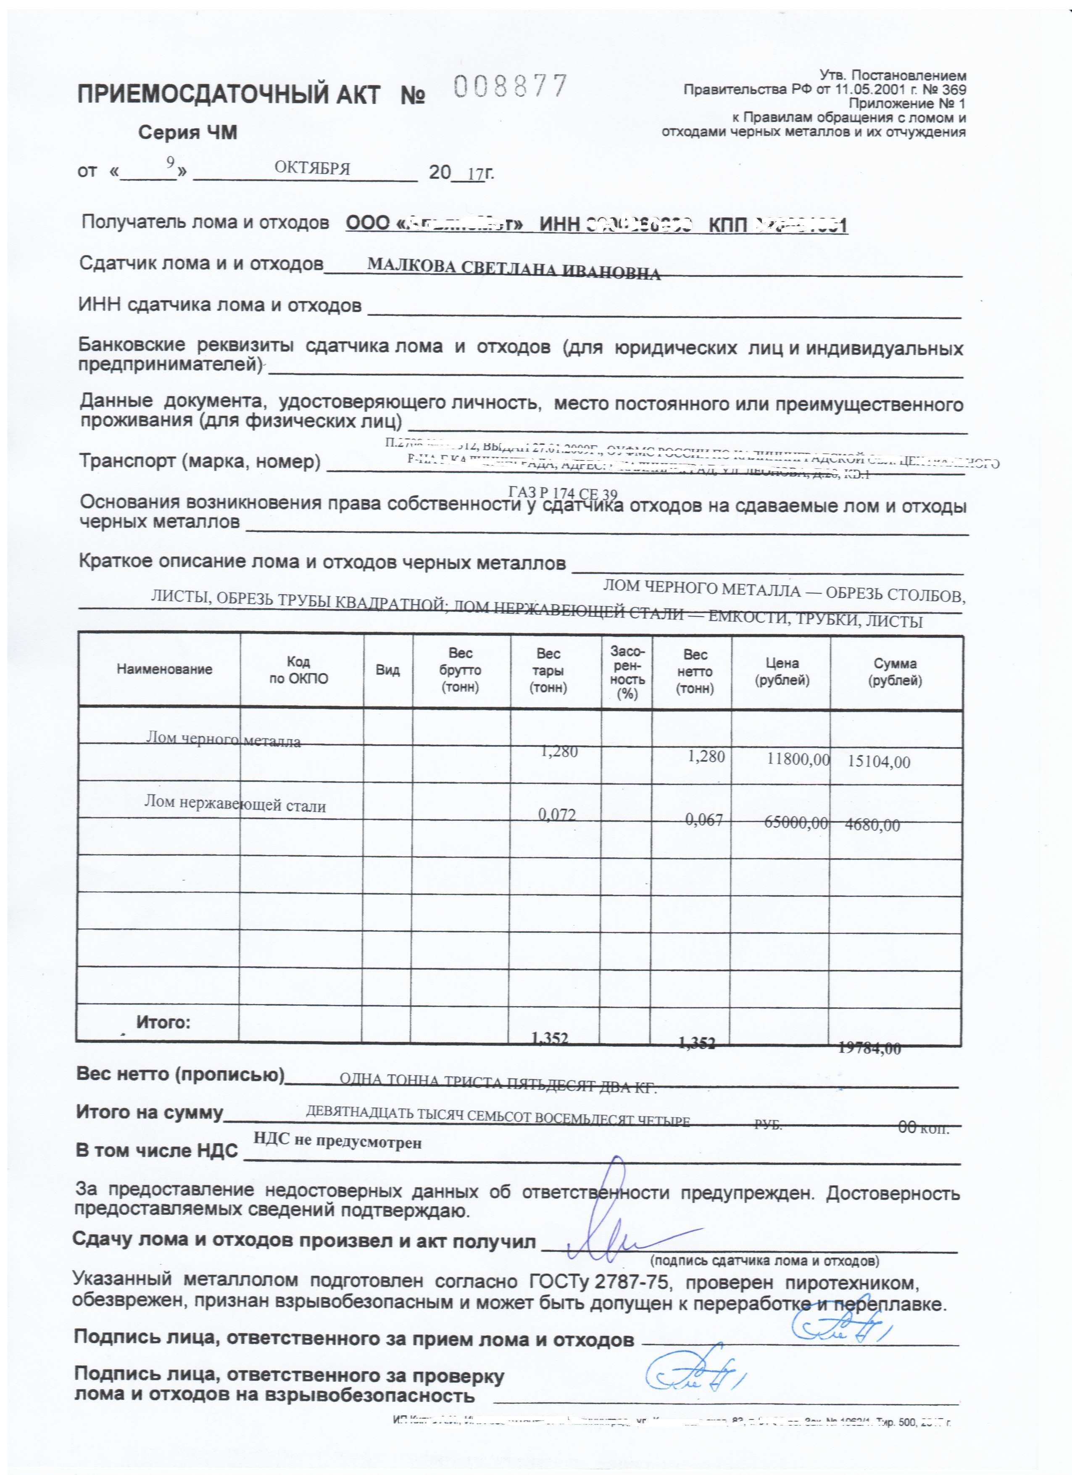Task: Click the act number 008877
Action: pos(510,87)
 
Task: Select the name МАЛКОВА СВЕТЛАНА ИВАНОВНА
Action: pos(514,269)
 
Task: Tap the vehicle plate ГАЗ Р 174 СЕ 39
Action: pos(563,494)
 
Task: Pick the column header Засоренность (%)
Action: pos(627,672)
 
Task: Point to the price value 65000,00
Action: pos(796,823)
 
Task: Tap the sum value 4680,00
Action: pos(872,825)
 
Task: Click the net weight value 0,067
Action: pos(704,819)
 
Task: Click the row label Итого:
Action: pos(163,1022)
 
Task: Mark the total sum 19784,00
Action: pos(870,1048)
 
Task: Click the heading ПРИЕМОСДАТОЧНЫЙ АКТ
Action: pos(228,95)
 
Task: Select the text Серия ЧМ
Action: pos(187,133)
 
